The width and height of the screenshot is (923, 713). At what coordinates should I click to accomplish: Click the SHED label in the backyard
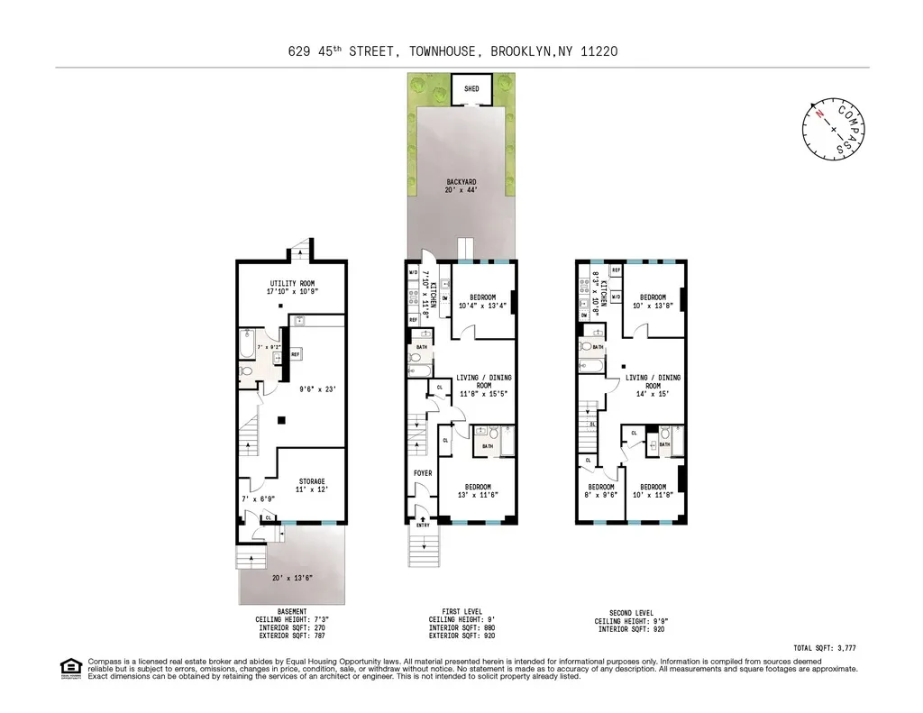pos(471,89)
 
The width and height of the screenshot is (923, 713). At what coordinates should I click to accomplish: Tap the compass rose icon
pos(834,128)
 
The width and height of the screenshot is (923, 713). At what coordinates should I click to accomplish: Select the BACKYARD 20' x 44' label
pos(461,187)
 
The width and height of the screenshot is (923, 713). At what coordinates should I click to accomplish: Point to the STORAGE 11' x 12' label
pos(312,485)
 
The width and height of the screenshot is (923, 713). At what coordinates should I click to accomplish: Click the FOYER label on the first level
pos(422,472)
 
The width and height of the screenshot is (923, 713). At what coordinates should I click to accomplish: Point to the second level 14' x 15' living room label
pos(653,383)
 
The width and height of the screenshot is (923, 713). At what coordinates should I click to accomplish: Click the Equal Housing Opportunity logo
pos(69,668)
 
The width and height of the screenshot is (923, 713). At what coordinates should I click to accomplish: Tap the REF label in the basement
pos(295,354)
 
